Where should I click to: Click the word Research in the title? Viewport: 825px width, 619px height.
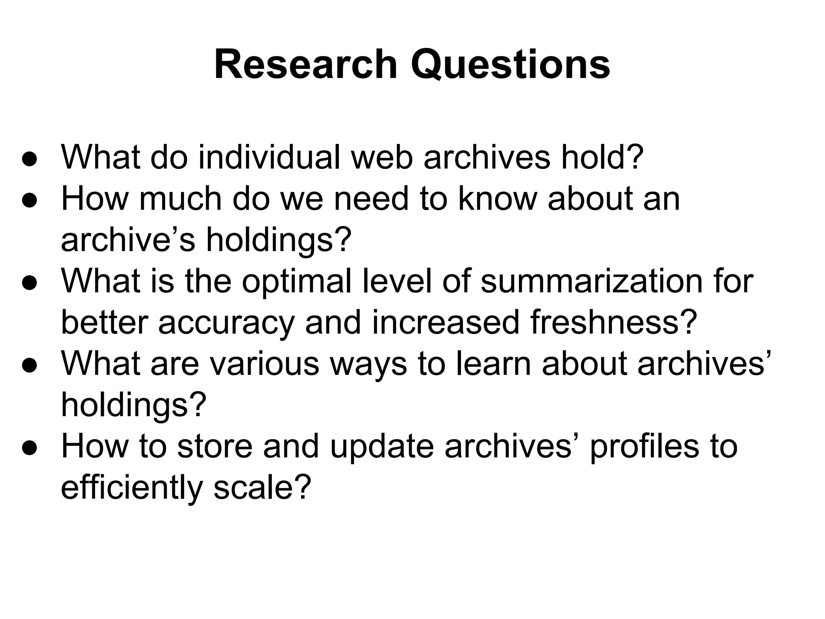(x=306, y=64)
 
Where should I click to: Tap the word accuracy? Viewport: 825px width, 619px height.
(x=226, y=322)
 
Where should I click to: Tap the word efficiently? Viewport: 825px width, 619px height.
(x=131, y=488)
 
